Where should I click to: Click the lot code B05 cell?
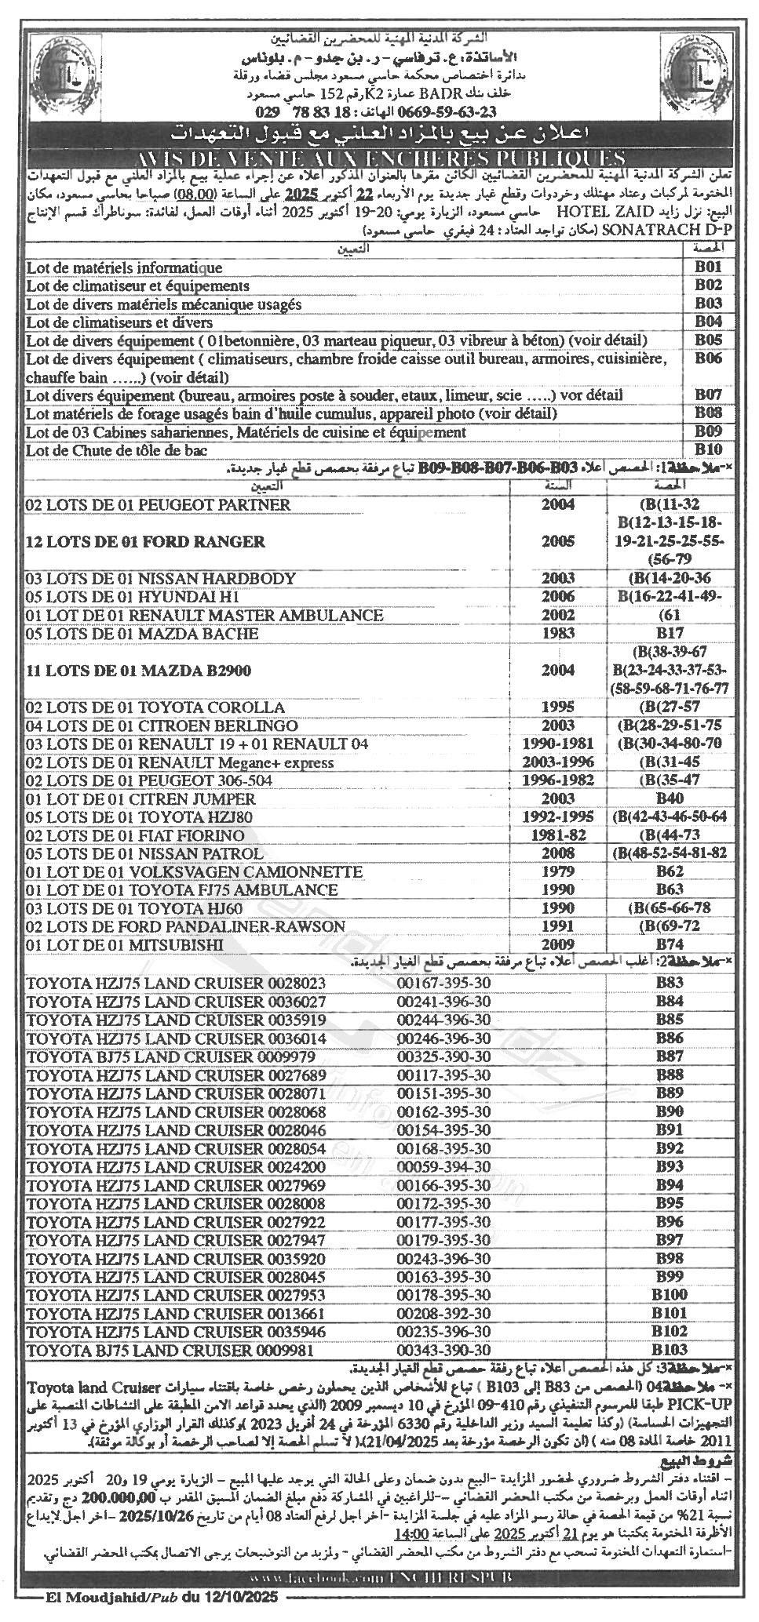pyautogui.click(x=708, y=340)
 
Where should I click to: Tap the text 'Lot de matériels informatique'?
pyautogui.click(x=124, y=267)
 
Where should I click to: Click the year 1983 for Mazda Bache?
pyautogui.click(x=557, y=633)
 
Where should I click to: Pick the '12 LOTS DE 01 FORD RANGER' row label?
pyautogui.click(x=145, y=541)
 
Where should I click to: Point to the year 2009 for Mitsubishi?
pyautogui.click(x=557, y=945)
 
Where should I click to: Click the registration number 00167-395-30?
pyautogui.click(x=443, y=983)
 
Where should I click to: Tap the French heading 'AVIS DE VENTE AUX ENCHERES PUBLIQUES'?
pyautogui.click(x=379, y=157)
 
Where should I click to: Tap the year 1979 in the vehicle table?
pyautogui.click(x=557, y=872)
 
